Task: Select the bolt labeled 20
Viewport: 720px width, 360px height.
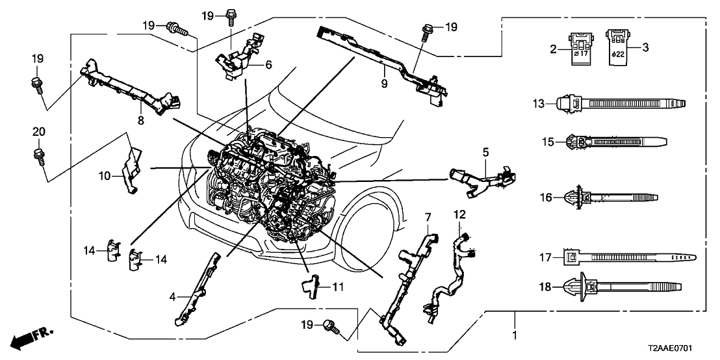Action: point(38,155)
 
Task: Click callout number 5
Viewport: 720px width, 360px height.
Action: point(484,152)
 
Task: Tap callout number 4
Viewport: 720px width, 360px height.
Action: point(173,297)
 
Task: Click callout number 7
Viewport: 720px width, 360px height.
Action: point(428,216)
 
